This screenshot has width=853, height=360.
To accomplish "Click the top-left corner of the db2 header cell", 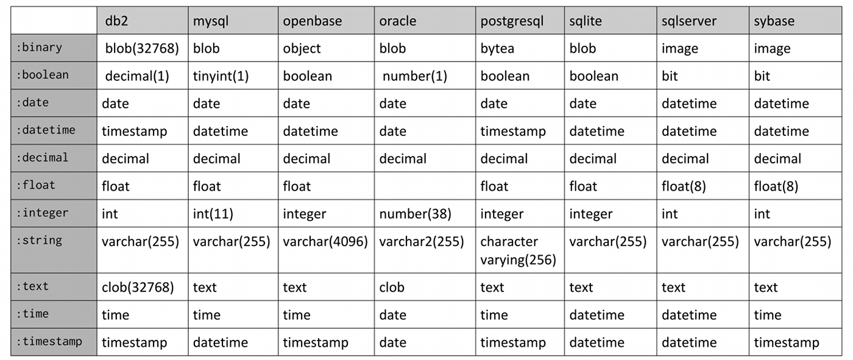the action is point(97,7).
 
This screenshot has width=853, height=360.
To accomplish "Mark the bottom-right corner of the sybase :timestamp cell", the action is point(842,356).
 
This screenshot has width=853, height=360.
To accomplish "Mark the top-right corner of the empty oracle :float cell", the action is point(475,172).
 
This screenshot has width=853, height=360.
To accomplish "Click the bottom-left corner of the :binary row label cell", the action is point(11,62).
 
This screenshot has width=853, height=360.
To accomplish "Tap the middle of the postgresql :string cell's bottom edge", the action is point(520,273).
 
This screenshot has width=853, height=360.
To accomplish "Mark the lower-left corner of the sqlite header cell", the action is point(564,34).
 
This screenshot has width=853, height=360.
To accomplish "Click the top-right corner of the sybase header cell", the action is point(842,7).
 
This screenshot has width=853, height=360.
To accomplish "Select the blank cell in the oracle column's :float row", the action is point(425,186).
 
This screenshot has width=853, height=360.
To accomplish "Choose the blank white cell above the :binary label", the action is point(54,21).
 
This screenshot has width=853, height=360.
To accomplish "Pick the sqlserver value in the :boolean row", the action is point(670,76).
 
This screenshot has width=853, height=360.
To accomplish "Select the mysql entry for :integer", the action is point(213,214).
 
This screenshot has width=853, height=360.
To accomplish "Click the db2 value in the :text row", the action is point(138,288).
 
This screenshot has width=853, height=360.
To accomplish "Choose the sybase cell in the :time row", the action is point(767,315).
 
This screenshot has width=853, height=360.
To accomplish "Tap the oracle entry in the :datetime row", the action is point(392,132).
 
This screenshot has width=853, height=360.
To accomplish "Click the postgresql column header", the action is point(512,21).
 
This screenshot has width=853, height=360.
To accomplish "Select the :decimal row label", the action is point(42,158).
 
